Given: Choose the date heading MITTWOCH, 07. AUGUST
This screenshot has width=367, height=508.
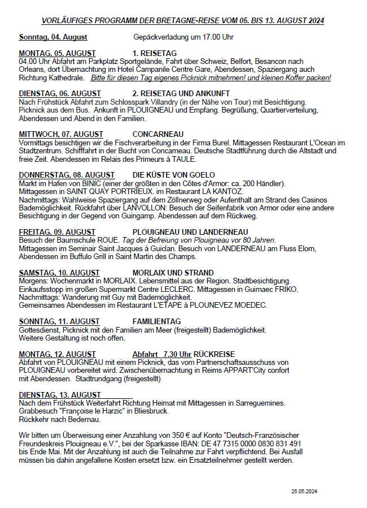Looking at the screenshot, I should click(61, 134).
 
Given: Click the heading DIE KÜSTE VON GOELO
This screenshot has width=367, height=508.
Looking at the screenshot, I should click(173, 175).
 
